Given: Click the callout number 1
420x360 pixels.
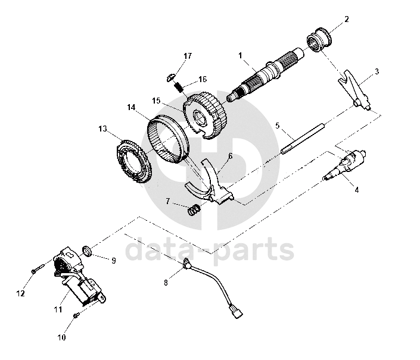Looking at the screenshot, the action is click(240, 55).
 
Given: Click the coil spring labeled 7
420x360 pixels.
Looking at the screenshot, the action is click(194, 210).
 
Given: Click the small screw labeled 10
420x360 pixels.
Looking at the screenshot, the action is click(76, 315).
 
